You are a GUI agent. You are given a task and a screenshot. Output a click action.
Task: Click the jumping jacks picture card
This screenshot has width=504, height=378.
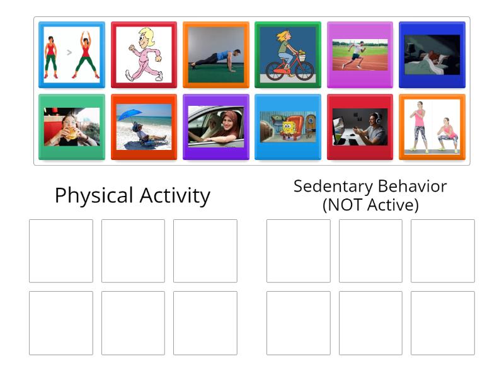(x=71, y=54)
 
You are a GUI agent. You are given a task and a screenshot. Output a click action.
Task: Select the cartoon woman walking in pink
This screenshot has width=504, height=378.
(x=144, y=54)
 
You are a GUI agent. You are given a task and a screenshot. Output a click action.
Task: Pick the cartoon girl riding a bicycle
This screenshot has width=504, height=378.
(x=288, y=54)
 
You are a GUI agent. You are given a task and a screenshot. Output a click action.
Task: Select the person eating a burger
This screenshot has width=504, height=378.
(x=71, y=127)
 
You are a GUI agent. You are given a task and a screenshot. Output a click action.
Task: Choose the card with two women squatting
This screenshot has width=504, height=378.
(x=432, y=127)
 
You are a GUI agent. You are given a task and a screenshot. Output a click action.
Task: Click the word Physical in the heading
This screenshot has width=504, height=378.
(x=92, y=195)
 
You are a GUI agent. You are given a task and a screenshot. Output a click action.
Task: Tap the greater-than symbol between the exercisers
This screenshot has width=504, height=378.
(x=69, y=53)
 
